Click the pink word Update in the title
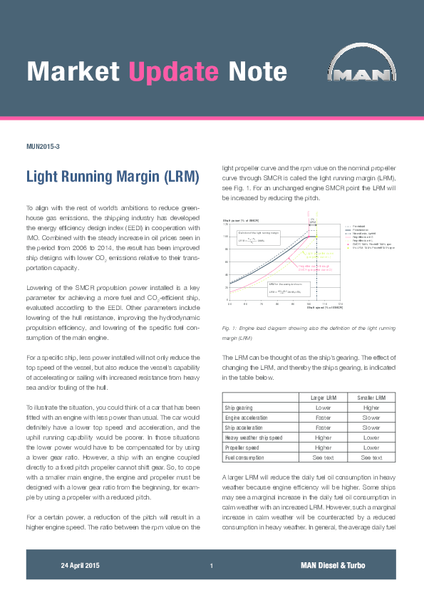pyautogui.click(x=173, y=71)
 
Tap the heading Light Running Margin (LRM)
pyautogui.click(x=112, y=176)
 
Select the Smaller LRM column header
pyautogui.click(x=371, y=396)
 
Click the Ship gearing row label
pyautogui.click(x=239, y=408)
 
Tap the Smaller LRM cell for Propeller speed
pyautogui.click(x=371, y=447)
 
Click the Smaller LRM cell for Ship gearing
pyautogui.click(x=371, y=408)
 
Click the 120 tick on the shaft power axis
pyautogui.click(x=226, y=224)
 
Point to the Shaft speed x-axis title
pyautogui.click(x=325, y=307)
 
